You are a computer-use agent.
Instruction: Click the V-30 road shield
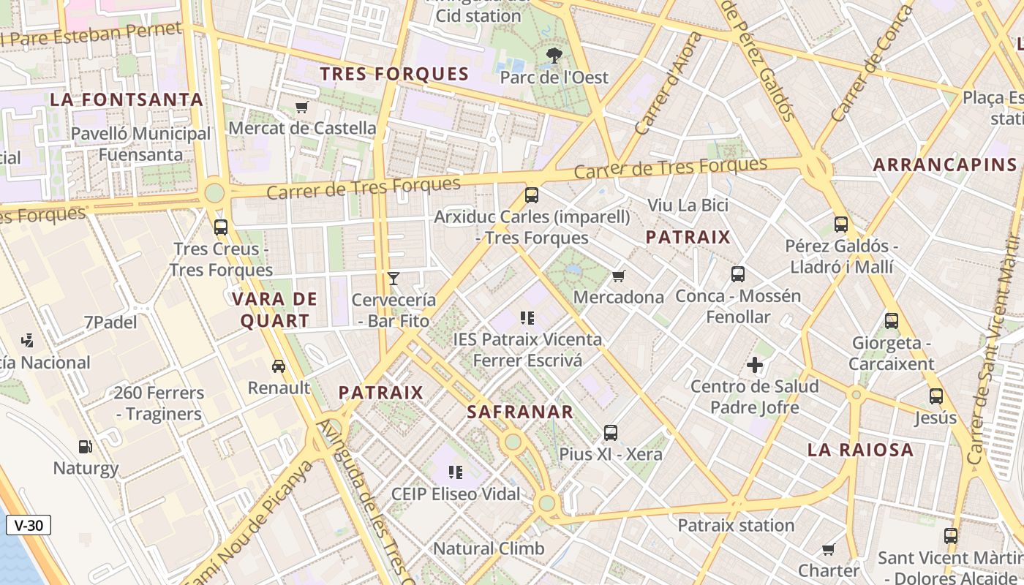click(x=29, y=525)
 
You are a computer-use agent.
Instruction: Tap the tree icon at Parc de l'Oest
click(x=554, y=55)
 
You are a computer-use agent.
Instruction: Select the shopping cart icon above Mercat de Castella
click(x=301, y=107)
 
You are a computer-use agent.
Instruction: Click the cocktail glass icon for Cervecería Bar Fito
click(x=394, y=279)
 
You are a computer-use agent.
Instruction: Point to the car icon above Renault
click(x=279, y=366)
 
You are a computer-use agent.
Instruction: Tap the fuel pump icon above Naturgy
click(x=86, y=447)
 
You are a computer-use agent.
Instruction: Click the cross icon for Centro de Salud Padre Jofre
click(x=755, y=365)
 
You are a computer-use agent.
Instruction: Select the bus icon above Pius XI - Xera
click(x=611, y=433)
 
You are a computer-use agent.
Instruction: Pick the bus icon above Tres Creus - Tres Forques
click(x=221, y=227)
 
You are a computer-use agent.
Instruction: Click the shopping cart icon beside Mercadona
click(x=619, y=276)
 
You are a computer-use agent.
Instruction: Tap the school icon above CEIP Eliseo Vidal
click(x=456, y=472)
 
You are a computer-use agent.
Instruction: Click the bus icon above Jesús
click(x=936, y=396)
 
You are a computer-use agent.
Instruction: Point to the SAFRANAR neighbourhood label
click(x=520, y=412)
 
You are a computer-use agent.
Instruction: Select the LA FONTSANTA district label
click(x=127, y=100)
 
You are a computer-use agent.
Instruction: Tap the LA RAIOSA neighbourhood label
click(x=861, y=450)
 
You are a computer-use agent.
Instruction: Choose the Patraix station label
click(x=736, y=526)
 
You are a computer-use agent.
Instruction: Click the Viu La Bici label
click(x=688, y=205)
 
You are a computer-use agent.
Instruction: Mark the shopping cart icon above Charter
click(x=828, y=549)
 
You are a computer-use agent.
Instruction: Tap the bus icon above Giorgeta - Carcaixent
click(x=892, y=320)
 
